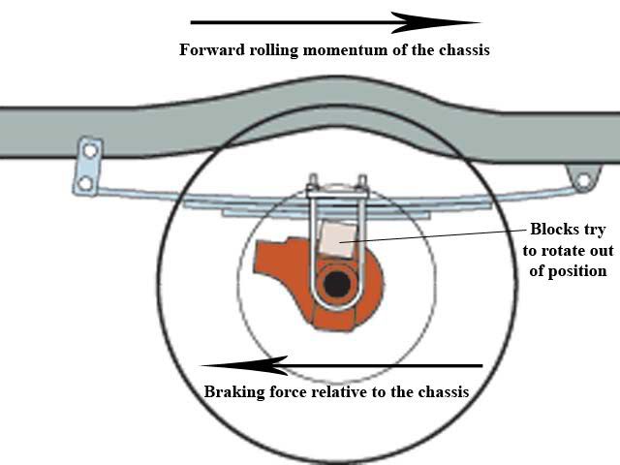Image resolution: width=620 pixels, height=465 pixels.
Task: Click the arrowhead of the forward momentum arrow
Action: [x=435, y=22]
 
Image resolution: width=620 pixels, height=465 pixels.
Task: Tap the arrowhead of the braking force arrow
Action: [x=244, y=366]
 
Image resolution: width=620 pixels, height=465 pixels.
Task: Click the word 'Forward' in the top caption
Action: [x=212, y=50]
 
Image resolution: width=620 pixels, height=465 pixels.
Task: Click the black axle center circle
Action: [x=337, y=284]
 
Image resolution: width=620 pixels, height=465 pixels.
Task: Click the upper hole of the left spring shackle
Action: [x=90, y=151]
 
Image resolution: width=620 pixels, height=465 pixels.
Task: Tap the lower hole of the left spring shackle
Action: [x=85, y=183]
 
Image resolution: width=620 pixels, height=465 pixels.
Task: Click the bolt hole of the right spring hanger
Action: [x=583, y=180]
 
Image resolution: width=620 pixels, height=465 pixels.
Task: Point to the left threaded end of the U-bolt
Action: [x=313, y=182]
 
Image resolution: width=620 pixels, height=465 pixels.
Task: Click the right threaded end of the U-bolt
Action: [x=362, y=183]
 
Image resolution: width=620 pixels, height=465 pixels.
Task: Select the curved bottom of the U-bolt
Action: [x=337, y=306]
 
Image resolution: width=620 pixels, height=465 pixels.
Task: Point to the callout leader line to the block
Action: [x=433, y=235]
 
